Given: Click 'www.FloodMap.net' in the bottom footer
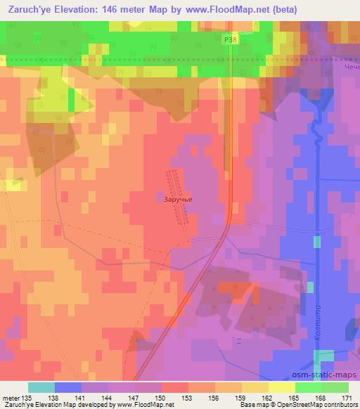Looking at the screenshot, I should click(x=144, y=405).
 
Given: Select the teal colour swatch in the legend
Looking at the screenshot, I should click(x=41, y=387).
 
